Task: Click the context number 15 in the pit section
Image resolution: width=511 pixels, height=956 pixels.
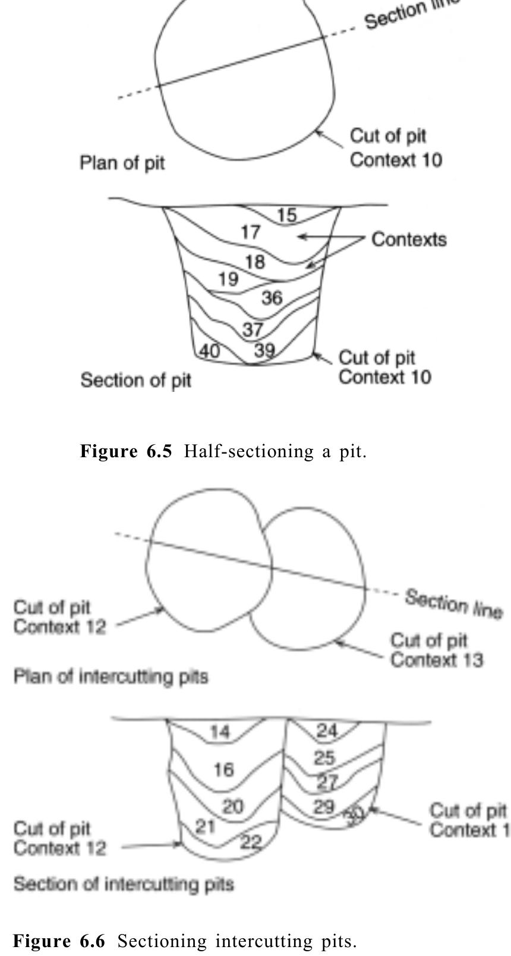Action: tap(286, 215)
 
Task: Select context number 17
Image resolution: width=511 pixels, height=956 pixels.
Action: tap(250, 232)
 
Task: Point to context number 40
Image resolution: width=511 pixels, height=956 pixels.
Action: tap(209, 351)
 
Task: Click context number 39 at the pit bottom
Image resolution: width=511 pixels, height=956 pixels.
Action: tap(264, 350)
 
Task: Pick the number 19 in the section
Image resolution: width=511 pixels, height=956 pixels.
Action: tap(227, 279)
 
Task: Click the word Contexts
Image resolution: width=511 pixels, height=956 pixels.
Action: tap(409, 239)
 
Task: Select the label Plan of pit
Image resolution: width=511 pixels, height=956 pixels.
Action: tap(122, 163)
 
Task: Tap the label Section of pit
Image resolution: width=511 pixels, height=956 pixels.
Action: tap(135, 380)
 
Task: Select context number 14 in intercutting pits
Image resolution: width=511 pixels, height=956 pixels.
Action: tap(219, 732)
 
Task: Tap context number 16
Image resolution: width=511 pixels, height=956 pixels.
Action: tap(223, 770)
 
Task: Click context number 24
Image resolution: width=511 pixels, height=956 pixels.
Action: tap(326, 730)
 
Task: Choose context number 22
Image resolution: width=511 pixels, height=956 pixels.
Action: tap(251, 841)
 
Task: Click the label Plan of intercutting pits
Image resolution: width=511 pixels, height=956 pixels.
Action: tap(111, 677)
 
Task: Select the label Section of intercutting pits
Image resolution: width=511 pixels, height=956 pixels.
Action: tap(124, 884)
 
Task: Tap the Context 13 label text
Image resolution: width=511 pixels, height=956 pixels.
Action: tap(436, 660)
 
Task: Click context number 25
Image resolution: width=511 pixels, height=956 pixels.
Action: tap(324, 758)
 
